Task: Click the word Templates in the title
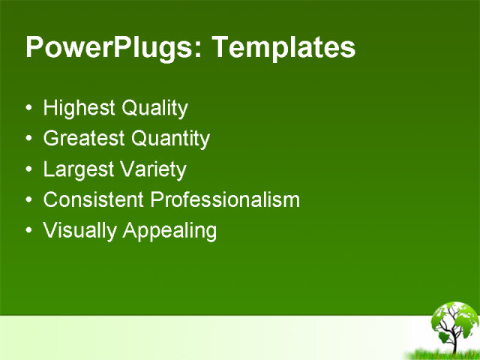click(x=283, y=48)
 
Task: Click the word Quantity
click(x=170, y=139)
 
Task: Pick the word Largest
click(x=75, y=169)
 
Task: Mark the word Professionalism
click(x=225, y=200)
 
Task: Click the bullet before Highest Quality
click(x=28, y=109)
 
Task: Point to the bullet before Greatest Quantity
click(x=28, y=139)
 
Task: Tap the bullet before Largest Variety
click(x=28, y=170)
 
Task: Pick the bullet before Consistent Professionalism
click(x=28, y=201)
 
